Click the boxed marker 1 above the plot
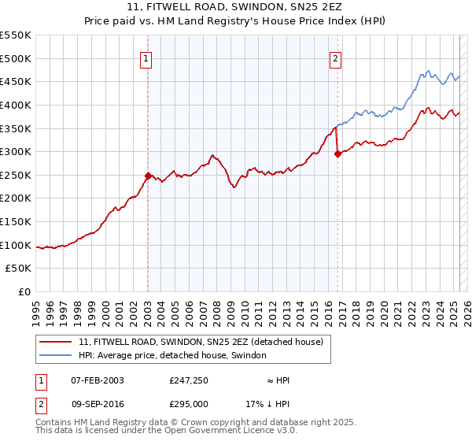[147, 57]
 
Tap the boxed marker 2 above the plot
[336, 57]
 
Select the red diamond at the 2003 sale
[148, 176]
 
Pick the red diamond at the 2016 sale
[337, 154]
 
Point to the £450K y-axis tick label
[16, 81]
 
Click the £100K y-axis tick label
[16, 245]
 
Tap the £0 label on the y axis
[25, 291]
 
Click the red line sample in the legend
[56, 342]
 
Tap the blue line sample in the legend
[56, 355]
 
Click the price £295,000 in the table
[189, 402]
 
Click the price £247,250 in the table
[189, 380]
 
